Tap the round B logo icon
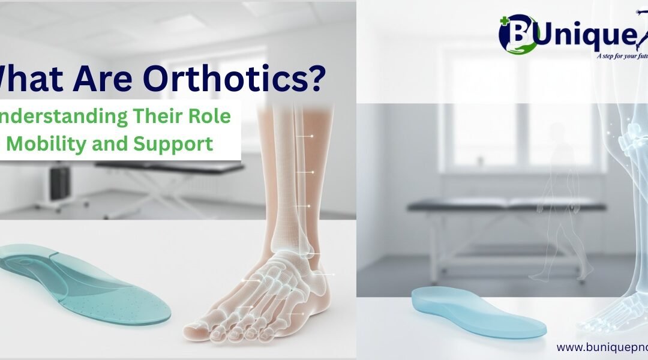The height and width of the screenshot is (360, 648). pos(518,34)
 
